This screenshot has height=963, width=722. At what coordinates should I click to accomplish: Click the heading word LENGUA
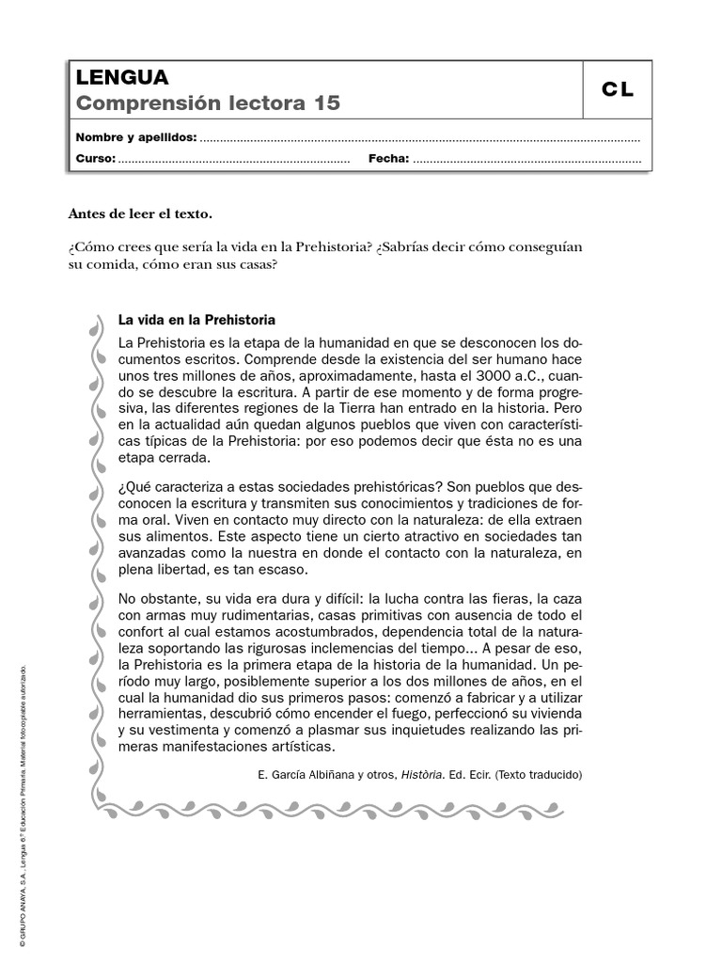tap(122, 77)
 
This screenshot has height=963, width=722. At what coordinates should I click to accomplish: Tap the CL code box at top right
tap(618, 90)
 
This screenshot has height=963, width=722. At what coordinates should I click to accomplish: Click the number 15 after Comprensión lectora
tap(328, 103)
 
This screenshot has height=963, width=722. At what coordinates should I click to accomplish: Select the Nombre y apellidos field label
tap(136, 138)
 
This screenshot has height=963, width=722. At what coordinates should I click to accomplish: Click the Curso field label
tap(95, 159)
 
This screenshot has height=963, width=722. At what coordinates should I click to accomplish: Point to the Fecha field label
tap(388, 159)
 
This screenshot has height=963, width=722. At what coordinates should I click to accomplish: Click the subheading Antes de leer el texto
tap(133, 213)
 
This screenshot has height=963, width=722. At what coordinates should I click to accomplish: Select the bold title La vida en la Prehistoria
tap(196, 320)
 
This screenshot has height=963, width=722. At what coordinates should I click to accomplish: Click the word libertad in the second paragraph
tap(184, 569)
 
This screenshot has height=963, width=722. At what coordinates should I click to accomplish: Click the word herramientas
tap(159, 714)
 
